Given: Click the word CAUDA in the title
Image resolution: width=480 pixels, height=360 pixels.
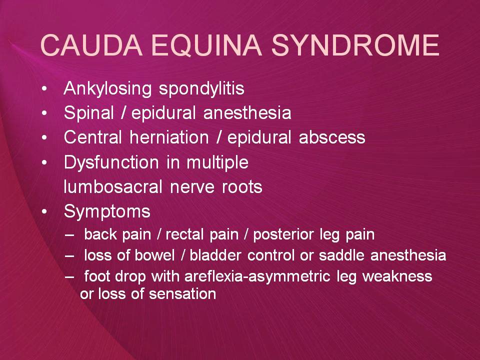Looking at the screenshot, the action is point(91,45).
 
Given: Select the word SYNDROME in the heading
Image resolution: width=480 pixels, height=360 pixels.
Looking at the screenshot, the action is point(355,45).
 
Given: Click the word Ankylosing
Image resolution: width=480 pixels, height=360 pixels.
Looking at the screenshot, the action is point(107,89).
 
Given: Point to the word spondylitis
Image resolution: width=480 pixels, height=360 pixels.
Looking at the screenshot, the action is point(201,89).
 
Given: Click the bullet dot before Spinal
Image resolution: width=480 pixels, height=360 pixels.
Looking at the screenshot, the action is point(44,113).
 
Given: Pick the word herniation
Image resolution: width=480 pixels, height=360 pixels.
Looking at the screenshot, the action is point(169,137).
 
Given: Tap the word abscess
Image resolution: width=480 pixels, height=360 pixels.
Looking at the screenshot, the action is point(332,137).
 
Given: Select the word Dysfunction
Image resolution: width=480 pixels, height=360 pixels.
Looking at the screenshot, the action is point(111,162).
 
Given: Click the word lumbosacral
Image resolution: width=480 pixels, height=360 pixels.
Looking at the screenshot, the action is point(113,186).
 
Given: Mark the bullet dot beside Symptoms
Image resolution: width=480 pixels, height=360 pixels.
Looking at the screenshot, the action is point(44,211).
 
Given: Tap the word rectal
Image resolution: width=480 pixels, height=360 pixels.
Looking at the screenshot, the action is point(184,235).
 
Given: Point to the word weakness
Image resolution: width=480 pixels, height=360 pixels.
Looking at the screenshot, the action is point(397,276).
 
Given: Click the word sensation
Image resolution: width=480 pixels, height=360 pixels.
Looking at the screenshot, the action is point(182,294).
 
